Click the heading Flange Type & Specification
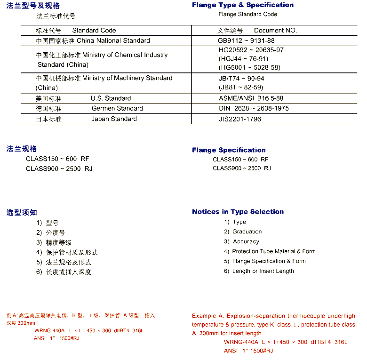pos(242,5)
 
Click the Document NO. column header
pos(275,30)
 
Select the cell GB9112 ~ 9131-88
pos(247,40)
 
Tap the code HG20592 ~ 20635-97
pos(251,50)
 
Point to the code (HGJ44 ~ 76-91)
pos(243,59)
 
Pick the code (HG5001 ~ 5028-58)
pos(249,67)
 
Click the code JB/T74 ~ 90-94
pos(241,78)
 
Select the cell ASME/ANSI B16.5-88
pos(251,98)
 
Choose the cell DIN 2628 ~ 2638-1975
pos(254,108)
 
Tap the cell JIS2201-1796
pos(239,119)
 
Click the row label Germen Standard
pos(117,108)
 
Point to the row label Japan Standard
pos(114,119)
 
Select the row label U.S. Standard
pos(111,98)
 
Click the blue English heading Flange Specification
pos(229,150)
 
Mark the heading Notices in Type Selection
pos(238,212)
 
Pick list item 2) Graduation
pos(243,232)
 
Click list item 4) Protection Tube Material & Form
pos(270,251)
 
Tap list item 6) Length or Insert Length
pos(259,271)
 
